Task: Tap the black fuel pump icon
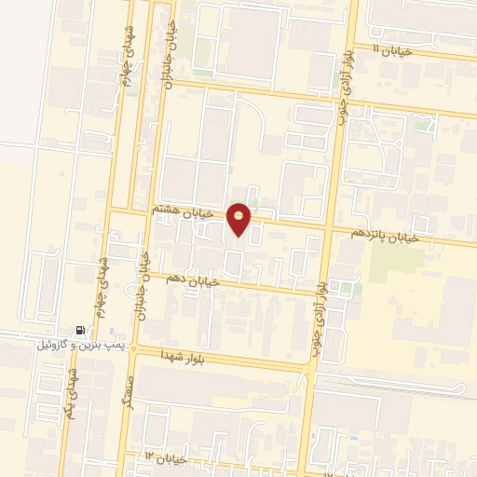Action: tap(81, 330)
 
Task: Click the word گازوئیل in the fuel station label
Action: tap(53, 345)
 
